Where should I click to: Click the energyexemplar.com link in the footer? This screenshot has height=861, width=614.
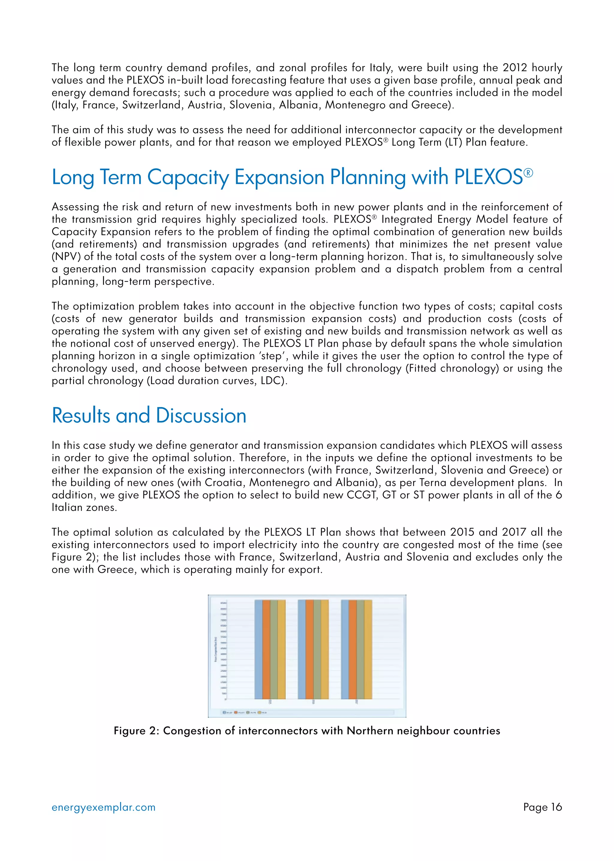(x=103, y=807)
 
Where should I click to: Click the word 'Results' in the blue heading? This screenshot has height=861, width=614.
(x=81, y=415)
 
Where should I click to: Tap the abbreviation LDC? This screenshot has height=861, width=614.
(x=271, y=381)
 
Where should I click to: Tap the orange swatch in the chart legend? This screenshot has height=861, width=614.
(x=236, y=712)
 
